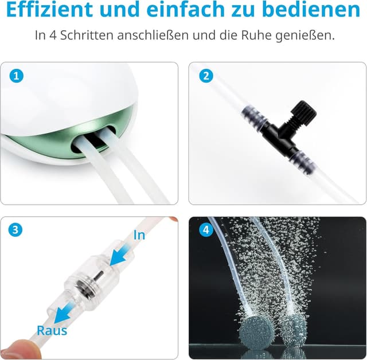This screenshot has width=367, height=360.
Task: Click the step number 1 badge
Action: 17,76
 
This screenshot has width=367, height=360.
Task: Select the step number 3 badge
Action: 17,230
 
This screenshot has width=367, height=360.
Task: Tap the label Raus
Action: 52,330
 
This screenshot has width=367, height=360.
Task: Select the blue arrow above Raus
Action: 64,310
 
